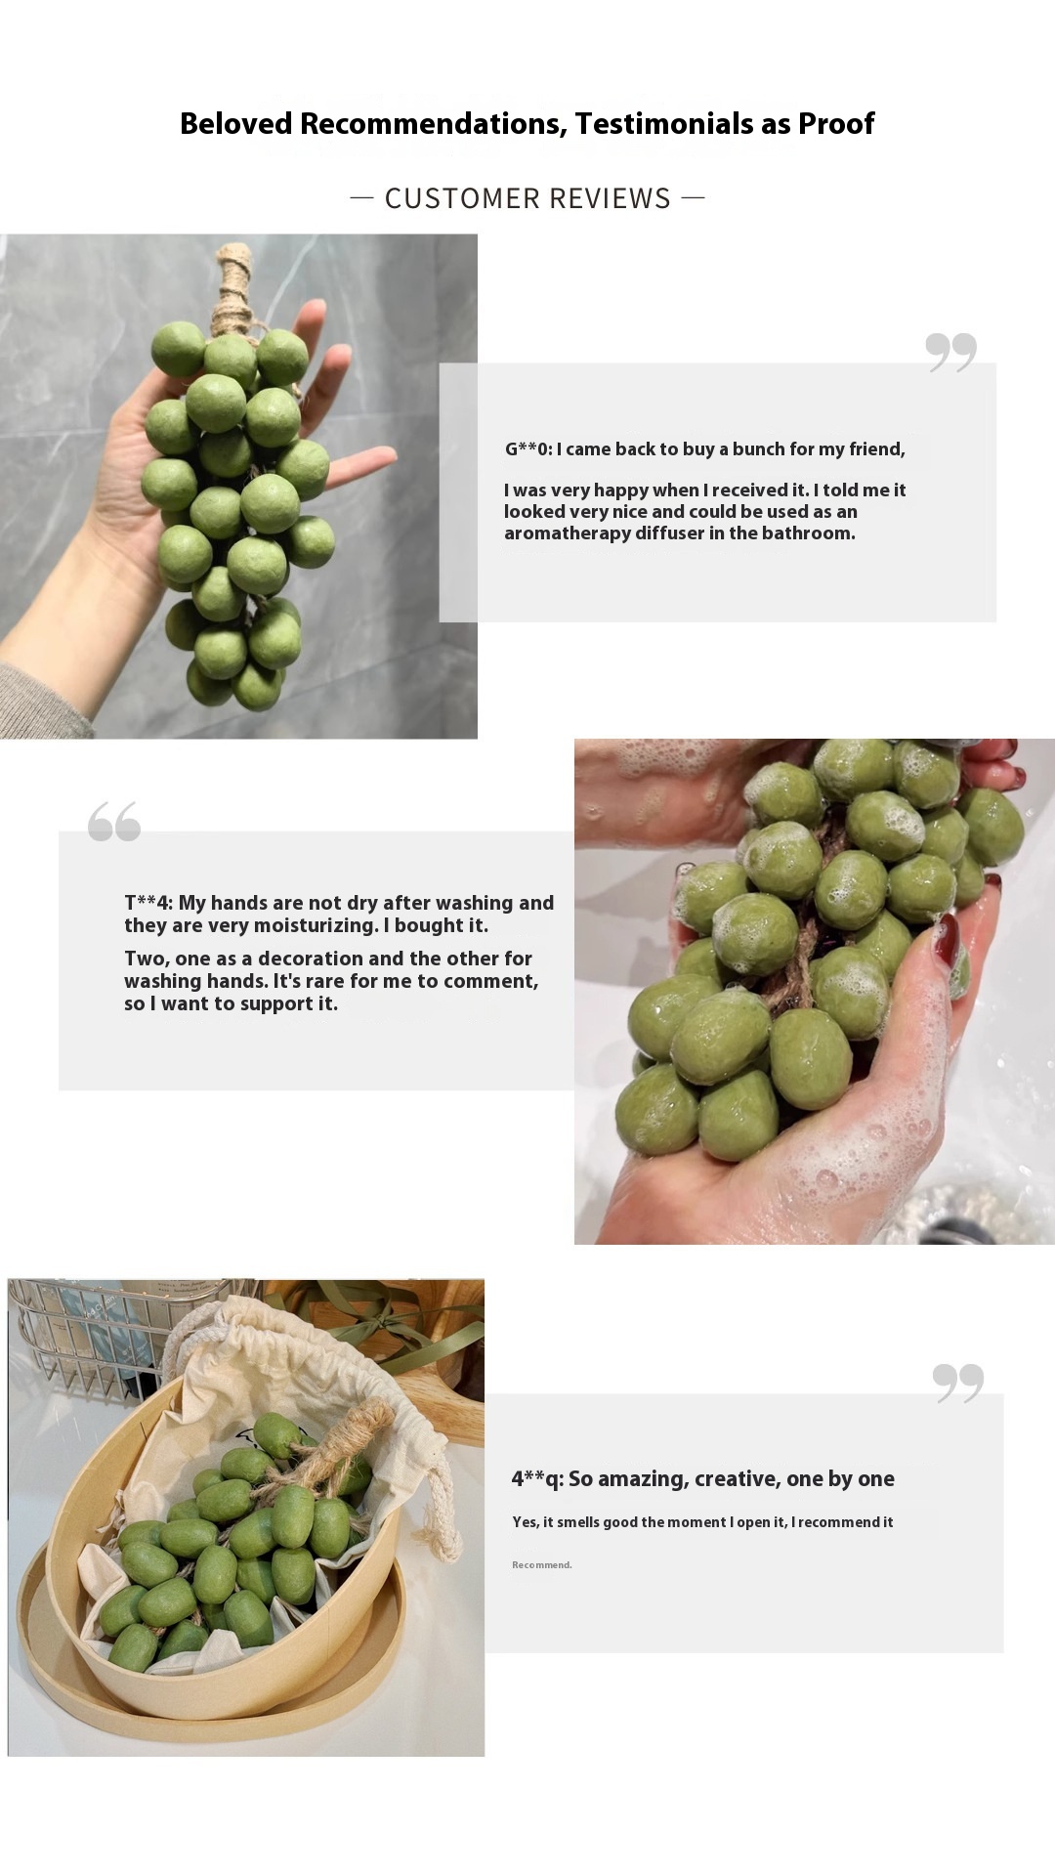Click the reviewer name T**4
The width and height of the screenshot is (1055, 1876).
148,903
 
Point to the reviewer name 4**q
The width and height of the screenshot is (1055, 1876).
536,1479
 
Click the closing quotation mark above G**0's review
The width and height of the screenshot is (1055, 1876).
950,352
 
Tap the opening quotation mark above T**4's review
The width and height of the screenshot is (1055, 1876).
114,822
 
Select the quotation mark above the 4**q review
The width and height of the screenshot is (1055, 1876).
957,1384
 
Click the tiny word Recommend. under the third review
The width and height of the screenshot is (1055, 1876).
541,1565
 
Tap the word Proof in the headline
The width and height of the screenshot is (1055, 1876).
836,123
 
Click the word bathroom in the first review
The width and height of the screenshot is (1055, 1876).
809,533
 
